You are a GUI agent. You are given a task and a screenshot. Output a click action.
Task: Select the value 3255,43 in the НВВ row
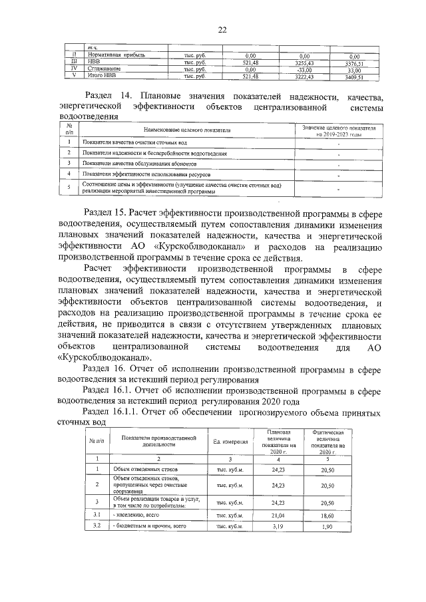coord(304,63)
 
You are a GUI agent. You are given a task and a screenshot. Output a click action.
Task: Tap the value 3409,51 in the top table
coord(354,76)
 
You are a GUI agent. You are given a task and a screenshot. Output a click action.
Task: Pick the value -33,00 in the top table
coord(304,69)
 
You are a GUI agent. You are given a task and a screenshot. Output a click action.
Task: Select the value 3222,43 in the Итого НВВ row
coord(304,76)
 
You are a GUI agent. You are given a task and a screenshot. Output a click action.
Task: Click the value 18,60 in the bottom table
coord(327,515)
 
